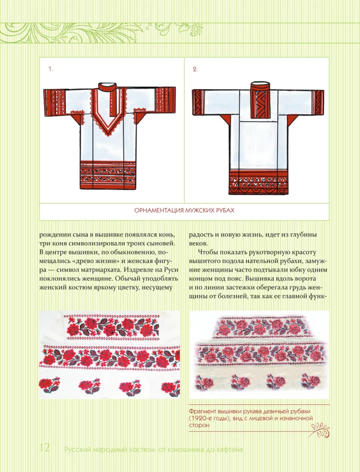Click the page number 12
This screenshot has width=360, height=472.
point(44,447)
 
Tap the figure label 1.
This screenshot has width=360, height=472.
point(51,69)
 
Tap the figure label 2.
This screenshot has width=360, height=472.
point(195,69)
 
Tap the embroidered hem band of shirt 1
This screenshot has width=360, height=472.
point(108,176)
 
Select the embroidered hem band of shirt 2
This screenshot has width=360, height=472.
point(258,182)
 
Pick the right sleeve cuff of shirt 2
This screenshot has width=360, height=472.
point(318,102)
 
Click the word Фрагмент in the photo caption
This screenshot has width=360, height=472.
point(202,411)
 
